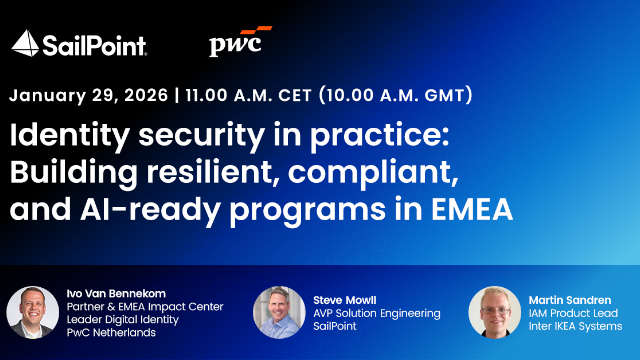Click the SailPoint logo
coord(79,43)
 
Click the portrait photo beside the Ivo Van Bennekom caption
coord(32,311)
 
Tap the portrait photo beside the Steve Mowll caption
coord(279,311)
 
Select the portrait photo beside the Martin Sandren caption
coord(494,311)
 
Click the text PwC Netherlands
coord(113,333)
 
